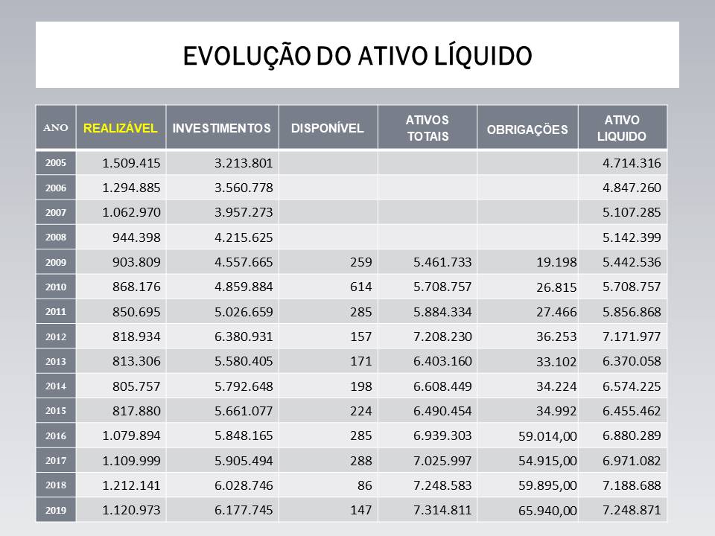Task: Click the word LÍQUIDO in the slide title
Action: tap(483, 56)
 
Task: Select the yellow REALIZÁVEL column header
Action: tap(121, 128)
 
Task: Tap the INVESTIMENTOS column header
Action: tap(221, 128)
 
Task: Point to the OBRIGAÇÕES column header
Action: tap(527, 129)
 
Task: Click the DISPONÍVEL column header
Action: tap(327, 128)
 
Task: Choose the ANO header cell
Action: tap(57, 128)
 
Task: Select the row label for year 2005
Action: tap(56, 162)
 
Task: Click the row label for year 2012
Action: tap(56, 336)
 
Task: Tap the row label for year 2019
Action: tap(56, 511)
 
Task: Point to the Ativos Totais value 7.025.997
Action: tap(442, 461)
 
